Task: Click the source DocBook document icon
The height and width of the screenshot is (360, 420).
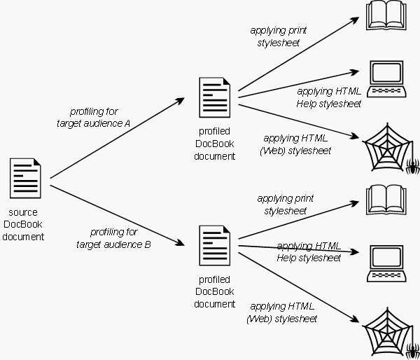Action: (24, 179)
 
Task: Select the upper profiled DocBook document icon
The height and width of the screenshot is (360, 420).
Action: (215, 98)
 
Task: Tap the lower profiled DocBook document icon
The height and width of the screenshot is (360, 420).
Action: (215, 246)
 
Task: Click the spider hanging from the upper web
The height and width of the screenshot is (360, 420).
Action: (413, 167)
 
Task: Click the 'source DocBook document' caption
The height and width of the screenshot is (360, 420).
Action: (24, 224)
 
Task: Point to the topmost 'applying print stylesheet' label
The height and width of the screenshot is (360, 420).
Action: (279, 36)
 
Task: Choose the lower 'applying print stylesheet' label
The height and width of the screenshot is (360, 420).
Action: (285, 205)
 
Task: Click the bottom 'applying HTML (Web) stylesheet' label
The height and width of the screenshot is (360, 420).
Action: (282, 312)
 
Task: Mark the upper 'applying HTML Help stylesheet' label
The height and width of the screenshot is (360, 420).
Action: (328, 97)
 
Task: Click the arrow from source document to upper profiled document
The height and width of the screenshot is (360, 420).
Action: (115, 138)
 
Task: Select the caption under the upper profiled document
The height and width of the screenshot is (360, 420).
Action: (215, 144)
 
